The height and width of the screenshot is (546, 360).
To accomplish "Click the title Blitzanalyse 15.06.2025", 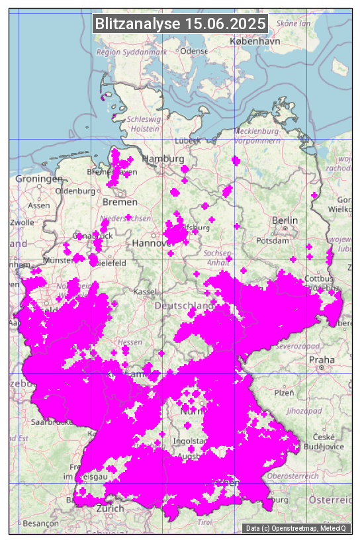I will tap(180, 24).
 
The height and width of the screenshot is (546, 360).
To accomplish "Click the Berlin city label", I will tap(285, 220).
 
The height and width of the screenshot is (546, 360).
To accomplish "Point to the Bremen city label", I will tap(120, 202).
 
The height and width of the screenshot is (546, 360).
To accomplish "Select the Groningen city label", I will tap(39, 179).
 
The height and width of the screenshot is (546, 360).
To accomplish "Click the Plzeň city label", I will tap(284, 392).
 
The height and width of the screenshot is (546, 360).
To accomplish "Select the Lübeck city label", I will tap(187, 141).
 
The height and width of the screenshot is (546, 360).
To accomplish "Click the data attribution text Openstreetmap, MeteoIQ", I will tap(297, 528).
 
